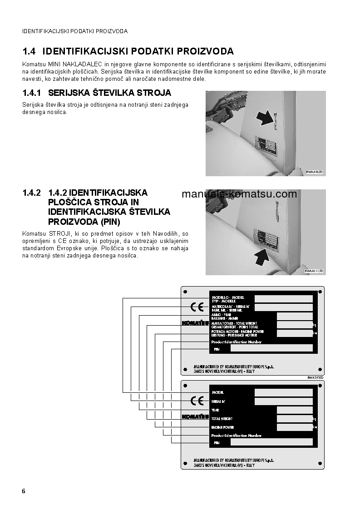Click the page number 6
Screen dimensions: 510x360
click(x=24, y=491)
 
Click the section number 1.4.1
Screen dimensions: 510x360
click(x=32, y=93)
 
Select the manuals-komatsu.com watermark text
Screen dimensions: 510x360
click(x=239, y=194)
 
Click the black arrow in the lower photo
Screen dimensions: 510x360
click(x=265, y=258)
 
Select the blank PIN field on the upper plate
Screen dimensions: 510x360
click(x=271, y=348)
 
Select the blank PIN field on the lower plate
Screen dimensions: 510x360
click(x=271, y=442)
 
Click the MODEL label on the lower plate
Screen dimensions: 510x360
click(x=218, y=392)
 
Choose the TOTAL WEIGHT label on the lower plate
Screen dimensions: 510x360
click(x=222, y=419)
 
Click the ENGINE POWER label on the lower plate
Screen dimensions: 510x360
click(x=222, y=427)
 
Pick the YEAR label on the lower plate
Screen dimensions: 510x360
click(x=216, y=410)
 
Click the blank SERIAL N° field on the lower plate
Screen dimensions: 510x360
click(x=283, y=401)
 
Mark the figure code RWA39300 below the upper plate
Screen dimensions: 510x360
click(x=316, y=377)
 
